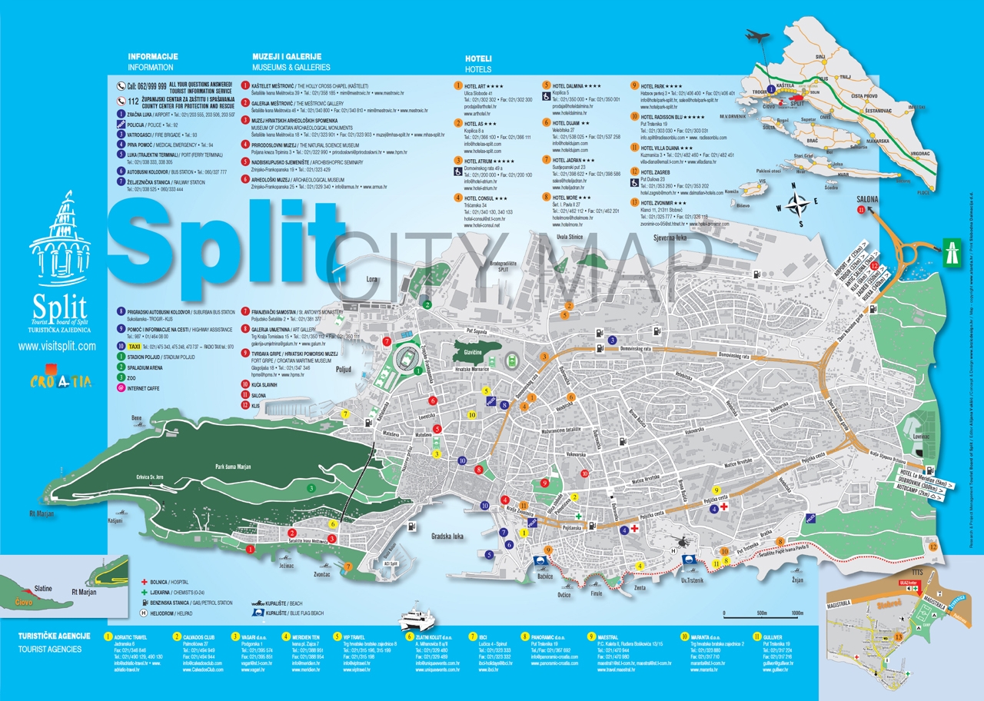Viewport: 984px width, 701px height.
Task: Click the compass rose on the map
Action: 799,205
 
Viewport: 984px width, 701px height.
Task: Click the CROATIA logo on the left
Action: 61,380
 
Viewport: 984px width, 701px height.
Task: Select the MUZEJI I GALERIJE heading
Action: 286,57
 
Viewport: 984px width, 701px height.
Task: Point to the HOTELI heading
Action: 478,59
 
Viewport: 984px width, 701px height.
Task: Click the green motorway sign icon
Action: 953,248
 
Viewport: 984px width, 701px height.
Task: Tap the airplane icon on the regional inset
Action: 758,36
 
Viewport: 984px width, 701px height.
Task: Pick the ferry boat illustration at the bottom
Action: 420,619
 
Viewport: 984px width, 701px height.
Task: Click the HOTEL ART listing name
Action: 479,86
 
